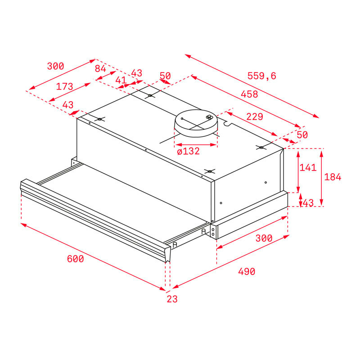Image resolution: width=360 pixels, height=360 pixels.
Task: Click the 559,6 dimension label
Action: [x=261, y=76]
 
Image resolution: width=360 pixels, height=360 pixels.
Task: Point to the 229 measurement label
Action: [x=255, y=117]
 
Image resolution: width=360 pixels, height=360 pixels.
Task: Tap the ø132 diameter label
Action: [x=189, y=152]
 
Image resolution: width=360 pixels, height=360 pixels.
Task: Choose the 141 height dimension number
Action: [x=308, y=167]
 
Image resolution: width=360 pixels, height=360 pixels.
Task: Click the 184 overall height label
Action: [x=333, y=177]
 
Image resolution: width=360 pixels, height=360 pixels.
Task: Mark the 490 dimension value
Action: [x=247, y=271]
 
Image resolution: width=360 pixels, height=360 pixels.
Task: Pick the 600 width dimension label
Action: [x=75, y=259]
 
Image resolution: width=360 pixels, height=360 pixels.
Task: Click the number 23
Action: [x=172, y=299]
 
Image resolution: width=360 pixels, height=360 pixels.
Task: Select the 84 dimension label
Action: [x=100, y=68]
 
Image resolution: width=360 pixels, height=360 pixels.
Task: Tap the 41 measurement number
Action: [x=121, y=80]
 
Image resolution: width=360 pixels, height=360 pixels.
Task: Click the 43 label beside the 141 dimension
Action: [x=308, y=203]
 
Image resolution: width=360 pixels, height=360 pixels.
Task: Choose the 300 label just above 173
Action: [x=55, y=66]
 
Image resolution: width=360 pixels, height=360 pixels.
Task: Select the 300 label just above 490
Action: [x=264, y=238]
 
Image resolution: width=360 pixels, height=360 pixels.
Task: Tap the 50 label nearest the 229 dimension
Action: [x=302, y=135]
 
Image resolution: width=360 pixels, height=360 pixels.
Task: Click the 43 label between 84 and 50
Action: [x=136, y=73]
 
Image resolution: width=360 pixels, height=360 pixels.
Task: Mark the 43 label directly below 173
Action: [x=67, y=105]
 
